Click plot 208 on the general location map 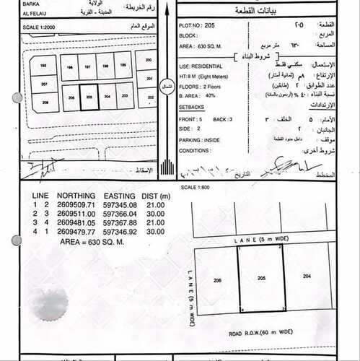click(x=45, y=103)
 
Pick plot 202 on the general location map click(x=150, y=96)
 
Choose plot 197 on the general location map click(x=87, y=66)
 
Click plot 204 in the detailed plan click(x=307, y=277)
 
